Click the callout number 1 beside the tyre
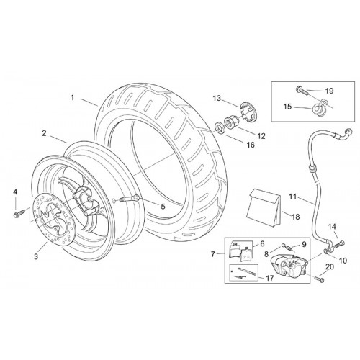[72, 98]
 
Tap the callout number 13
[217, 98]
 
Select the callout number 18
[296, 217]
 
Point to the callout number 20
[330, 266]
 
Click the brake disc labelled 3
[52, 217]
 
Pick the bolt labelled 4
[19, 214]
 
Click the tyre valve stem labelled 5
[129, 198]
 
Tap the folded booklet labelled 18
[264, 207]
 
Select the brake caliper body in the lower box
[288, 266]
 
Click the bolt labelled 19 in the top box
[301, 91]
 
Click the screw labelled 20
[319, 279]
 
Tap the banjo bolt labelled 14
[339, 244]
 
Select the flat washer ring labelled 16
[219, 127]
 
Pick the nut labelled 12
[231, 122]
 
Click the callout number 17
[270, 278]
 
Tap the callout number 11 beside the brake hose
[293, 197]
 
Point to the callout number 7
[213, 254]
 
